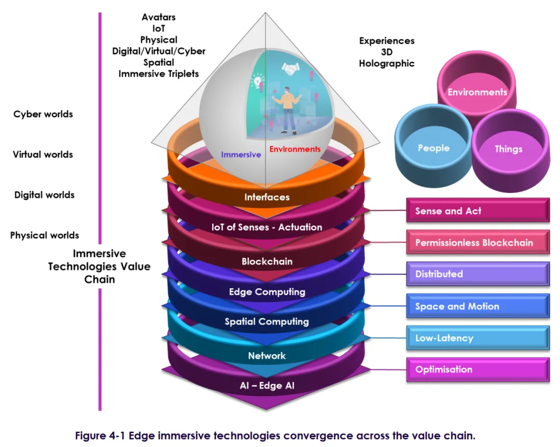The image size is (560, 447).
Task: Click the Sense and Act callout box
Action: coord(478,211)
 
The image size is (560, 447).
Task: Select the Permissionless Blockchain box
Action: coord(478,243)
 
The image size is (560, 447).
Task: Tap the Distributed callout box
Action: coord(478,274)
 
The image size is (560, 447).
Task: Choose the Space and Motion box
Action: coord(478,306)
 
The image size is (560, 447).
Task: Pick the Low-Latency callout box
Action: coord(478,338)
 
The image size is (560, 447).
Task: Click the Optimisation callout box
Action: coord(478,370)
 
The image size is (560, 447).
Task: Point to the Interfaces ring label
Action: coord(267,197)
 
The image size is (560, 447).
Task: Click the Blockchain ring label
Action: coord(267,261)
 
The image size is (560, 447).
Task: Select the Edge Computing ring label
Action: coord(267,292)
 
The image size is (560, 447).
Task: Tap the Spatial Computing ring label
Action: coord(267,322)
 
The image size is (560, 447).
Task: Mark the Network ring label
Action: coord(267,356)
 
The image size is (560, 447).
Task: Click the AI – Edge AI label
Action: coord(267,385)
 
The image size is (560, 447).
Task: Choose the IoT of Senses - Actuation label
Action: coord(267,227)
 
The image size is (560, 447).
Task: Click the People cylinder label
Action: coord(433,148)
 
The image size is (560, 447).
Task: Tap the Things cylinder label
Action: coord(508,149)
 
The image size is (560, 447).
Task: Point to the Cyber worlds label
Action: coord(43,114)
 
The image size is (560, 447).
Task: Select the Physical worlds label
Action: coord(45,235)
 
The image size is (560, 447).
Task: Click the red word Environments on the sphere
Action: coord(295,149)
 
